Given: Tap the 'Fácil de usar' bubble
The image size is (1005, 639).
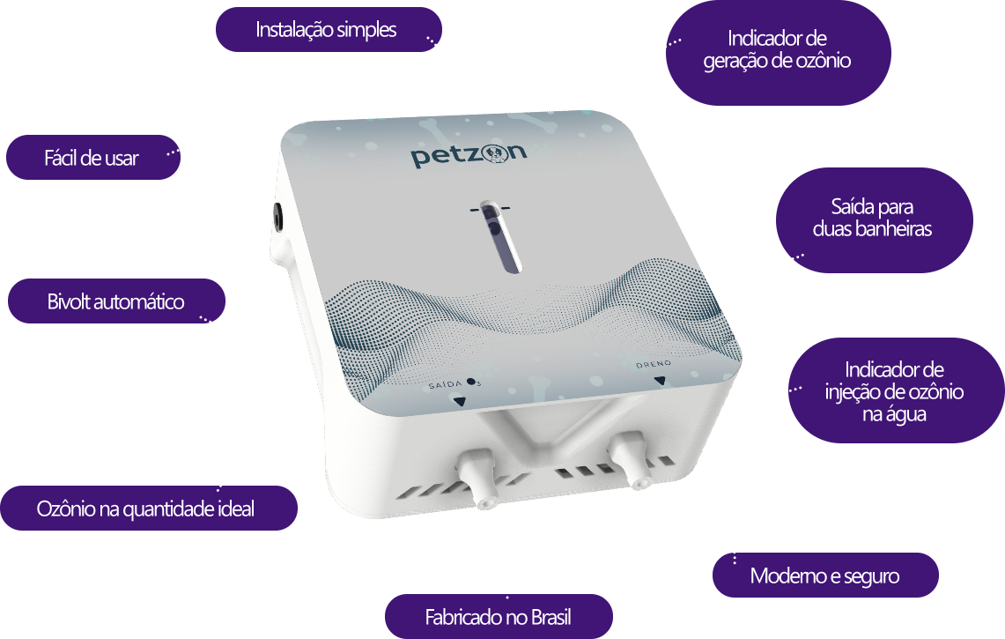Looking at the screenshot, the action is pyautogui.click(x=93, y=157).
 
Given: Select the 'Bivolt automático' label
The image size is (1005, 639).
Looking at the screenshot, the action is pyautogui.click(x=116, y=301).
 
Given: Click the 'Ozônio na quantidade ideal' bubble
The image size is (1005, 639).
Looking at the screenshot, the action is pyautogui.click(x=148, y=509).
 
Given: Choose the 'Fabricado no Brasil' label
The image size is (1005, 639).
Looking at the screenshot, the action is pyautogui.click(x=498, y=617).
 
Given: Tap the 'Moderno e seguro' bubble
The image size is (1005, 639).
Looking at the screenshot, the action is pyautogui.click(x=825, y=576).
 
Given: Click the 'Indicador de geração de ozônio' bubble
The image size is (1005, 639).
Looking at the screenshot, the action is pyautogui.click(x=778, y=53).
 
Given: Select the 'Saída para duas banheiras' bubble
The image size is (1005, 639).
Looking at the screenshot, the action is pyautogui.click(x=875, y=220).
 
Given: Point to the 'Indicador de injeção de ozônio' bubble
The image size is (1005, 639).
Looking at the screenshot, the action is pyautogui.click(x=896, y=390).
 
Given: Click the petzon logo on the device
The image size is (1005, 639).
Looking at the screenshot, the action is pyautogui.click(x=469, y=154).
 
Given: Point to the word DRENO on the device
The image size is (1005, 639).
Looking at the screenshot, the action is pyautogui.click(x=654, y=364).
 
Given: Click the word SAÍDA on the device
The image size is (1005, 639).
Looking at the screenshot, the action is pyautogui.click(x=445, y=384).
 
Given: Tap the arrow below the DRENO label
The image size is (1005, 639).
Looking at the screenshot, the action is pyautogui.click(x=660, y=381).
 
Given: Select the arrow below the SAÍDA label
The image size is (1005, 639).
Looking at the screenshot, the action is pyautogui.click(x=459, y=402).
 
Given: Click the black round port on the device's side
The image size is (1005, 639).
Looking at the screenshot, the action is pyautogui.click(x=278, y=218).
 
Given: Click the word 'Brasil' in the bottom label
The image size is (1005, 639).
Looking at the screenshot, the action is pyautogui.click(x=551, y=617).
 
